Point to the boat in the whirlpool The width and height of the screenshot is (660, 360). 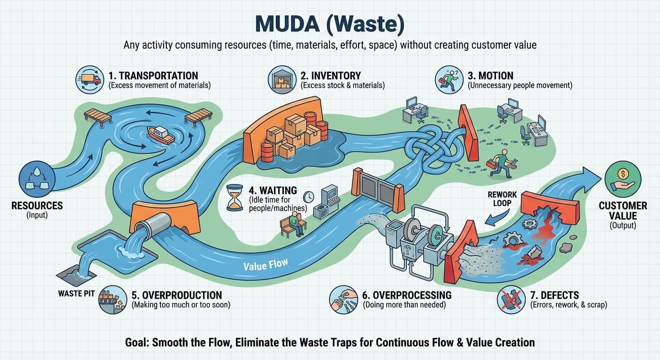[x=160, y=135]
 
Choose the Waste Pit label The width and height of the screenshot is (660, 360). [x=76, y=293]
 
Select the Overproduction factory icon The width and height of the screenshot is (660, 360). [x=112, y=300]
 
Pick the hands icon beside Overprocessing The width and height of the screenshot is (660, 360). [x=344, y=300]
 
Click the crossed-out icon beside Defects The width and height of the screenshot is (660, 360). [x=511, y=300]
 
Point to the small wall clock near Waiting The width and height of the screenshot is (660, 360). [x=308, y=196]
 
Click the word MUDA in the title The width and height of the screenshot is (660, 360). [x=282, y=25]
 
